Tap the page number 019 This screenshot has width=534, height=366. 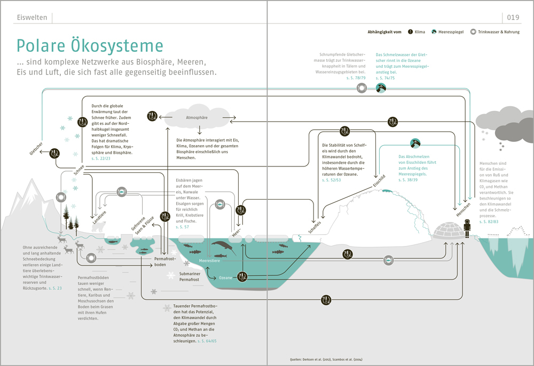tap(513, 18)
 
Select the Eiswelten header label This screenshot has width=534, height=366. tap(32, 18)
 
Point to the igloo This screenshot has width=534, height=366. tap(447, 230)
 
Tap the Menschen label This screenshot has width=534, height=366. tap(463, 210)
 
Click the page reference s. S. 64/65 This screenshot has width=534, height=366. tap(206, 340)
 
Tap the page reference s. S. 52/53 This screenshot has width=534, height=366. tap(331, 180)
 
